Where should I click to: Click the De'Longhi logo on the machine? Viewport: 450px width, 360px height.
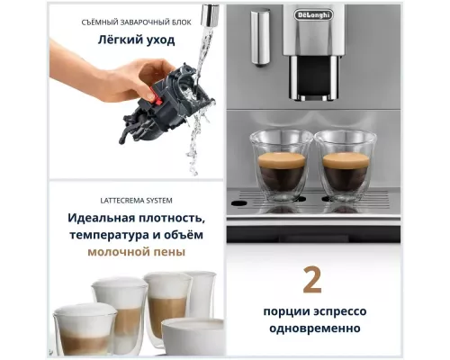click(x=312, y=14)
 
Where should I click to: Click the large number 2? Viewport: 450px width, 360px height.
click(x=311, y=280)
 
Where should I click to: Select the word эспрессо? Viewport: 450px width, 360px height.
click(x=341, y=310)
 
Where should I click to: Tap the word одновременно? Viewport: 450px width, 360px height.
click(x=312, y=328)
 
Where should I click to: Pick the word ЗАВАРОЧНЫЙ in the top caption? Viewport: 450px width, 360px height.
click(x=134, y=21)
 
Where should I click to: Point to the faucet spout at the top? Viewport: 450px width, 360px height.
click(x=209, y=15)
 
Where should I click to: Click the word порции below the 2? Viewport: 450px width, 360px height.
click(x=281, y=310)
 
